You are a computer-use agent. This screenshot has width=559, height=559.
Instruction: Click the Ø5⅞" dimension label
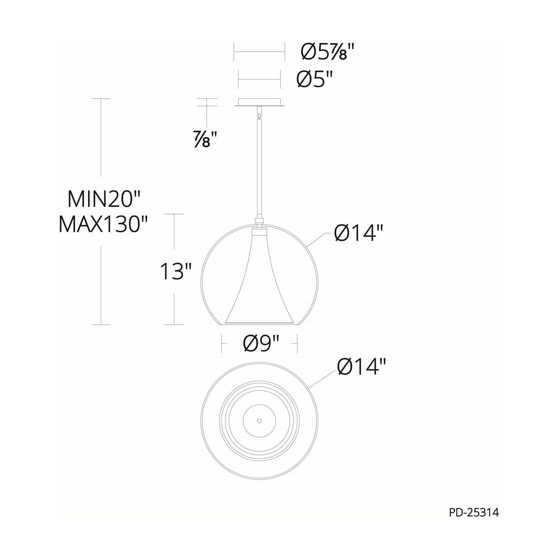pyautogui.click(x=328, y=52)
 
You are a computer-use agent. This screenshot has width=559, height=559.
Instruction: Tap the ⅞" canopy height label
pyautogui.click(x=205, y=139)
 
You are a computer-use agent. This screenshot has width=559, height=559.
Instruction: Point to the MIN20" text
pyautogui.click(x=104, y=200)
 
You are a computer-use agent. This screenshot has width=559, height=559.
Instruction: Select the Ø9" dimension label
pyautogui.click(x=261, y=344)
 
